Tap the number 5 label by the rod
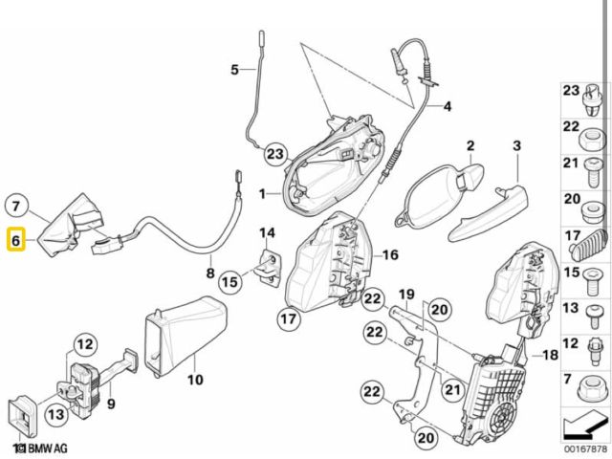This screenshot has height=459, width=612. click(x=234, y=69)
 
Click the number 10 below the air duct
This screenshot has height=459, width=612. click(x=195, y=381)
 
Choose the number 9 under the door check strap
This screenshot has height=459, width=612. click(x=111, y=404)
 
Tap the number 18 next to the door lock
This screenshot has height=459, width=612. click(x=549, y=356)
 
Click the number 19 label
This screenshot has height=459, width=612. click(x=405, y=294)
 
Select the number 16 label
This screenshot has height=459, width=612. click(x=388, y=254)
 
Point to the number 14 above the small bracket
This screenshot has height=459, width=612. click(x=267, y=232)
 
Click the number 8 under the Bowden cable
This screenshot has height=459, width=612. click(x=210, y=273)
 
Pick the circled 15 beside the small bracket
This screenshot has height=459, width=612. click(x=229, y=282)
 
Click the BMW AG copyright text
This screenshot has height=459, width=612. click(x=42, y=448)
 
